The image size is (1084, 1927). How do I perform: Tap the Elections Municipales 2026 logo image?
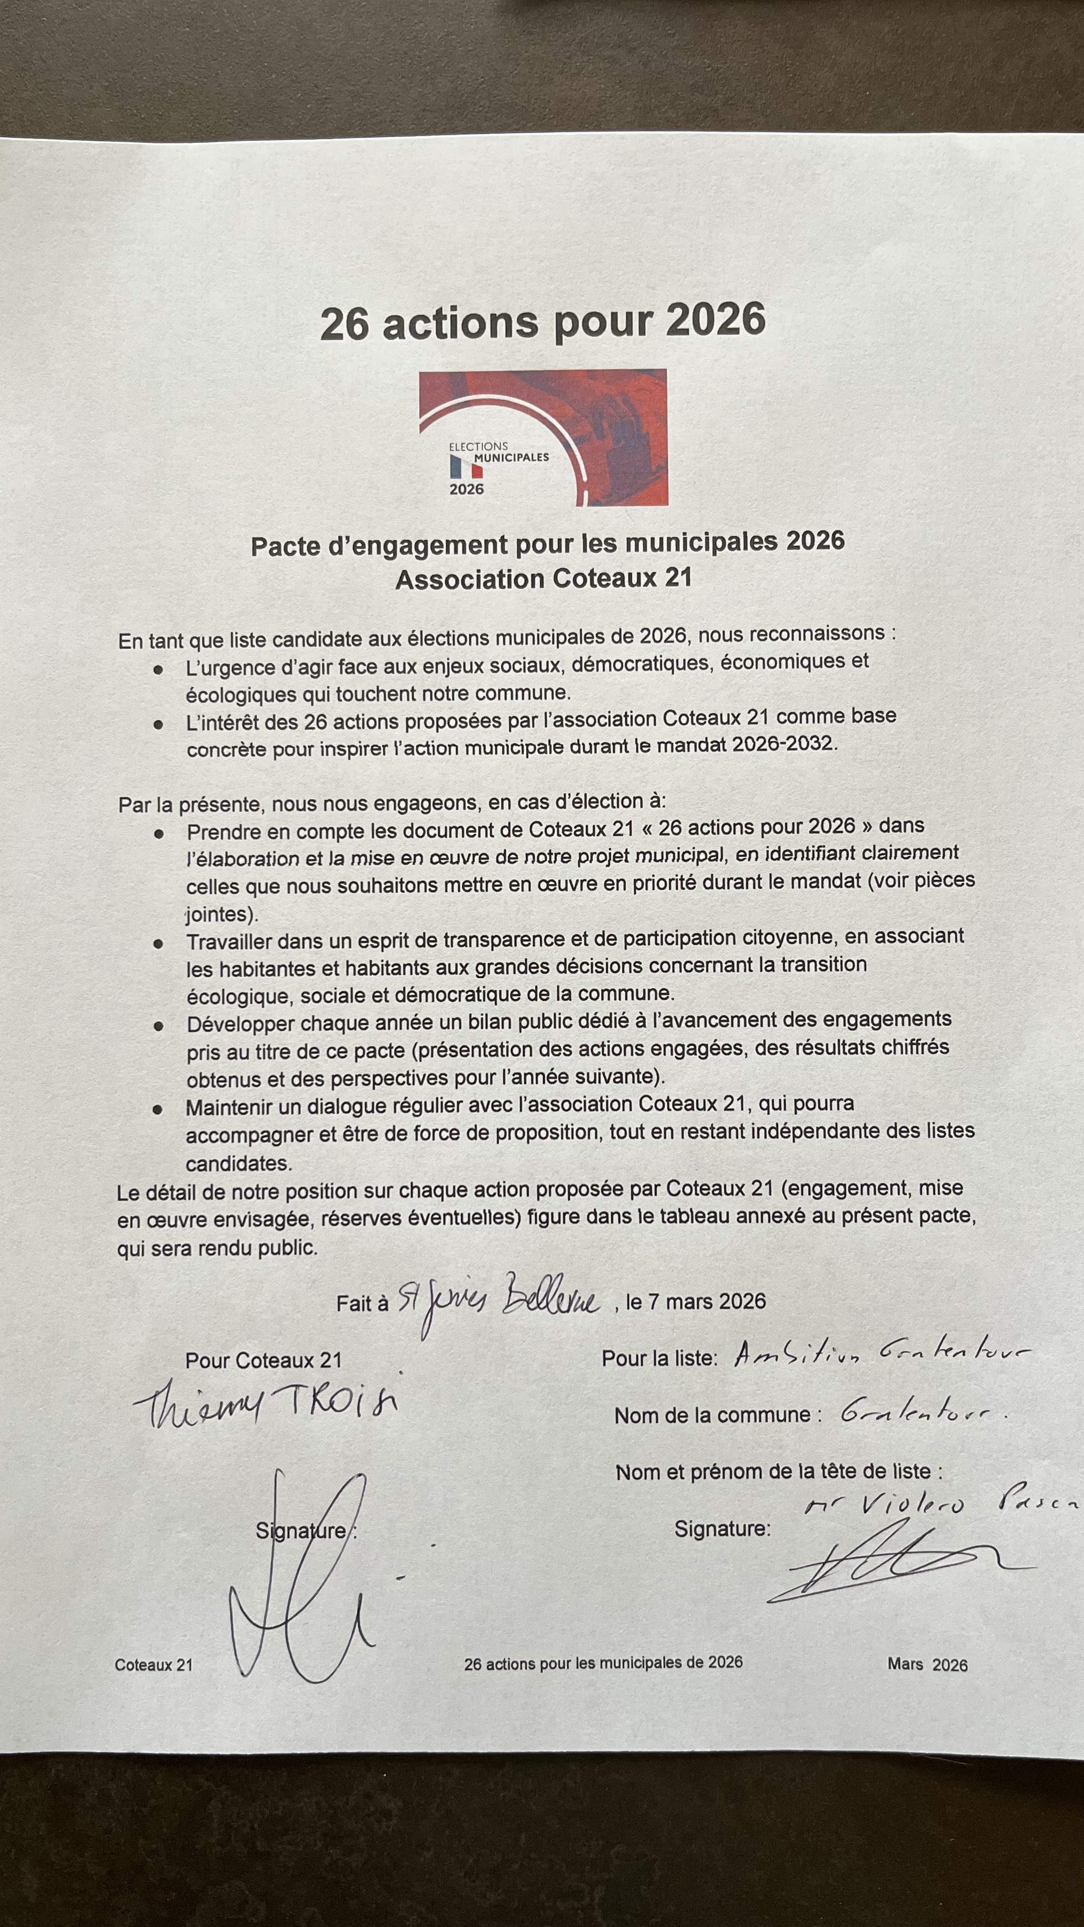(x=543, y=438)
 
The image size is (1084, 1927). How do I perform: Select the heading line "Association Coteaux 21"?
(x=543, y=579)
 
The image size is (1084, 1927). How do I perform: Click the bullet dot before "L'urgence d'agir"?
(x=158, y=670)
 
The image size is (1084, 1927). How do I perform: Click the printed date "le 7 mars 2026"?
(x=696, y=1301)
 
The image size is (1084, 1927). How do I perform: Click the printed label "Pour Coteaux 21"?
(x=263, y=1360)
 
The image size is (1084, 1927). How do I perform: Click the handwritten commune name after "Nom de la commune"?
(x=920, y=1412)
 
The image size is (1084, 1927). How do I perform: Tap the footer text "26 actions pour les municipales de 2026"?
(x=603, y=1663)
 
